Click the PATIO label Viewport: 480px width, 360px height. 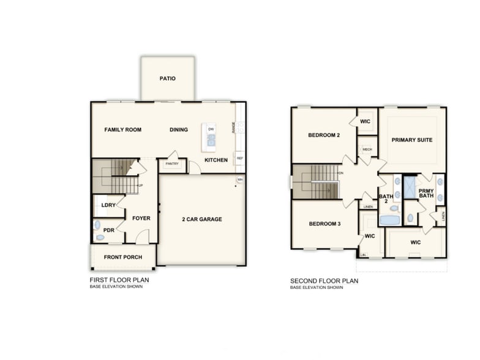point(168,78)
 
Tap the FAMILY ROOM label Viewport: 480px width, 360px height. point(122,130)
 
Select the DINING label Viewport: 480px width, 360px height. point(179,130)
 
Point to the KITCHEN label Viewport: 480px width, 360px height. point(216,160)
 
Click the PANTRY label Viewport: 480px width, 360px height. point(171,164)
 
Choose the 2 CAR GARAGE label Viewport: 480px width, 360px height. point(202,219)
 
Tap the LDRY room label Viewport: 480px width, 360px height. point(108,205)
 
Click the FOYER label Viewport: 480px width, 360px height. point(141,218)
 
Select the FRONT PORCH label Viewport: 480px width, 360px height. point(122,257)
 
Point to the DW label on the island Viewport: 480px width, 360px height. point(211,129)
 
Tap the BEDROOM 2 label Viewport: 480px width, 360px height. point(324,135)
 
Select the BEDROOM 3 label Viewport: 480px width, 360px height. point(324,224)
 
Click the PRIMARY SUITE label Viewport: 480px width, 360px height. point(412,140)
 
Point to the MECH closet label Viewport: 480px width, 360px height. point(367,149)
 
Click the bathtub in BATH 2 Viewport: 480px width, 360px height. point(389,220)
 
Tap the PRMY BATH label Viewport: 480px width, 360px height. point(426,194)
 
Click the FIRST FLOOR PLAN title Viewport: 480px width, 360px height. point(119,280)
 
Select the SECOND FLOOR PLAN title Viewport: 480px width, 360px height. point(324,281)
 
